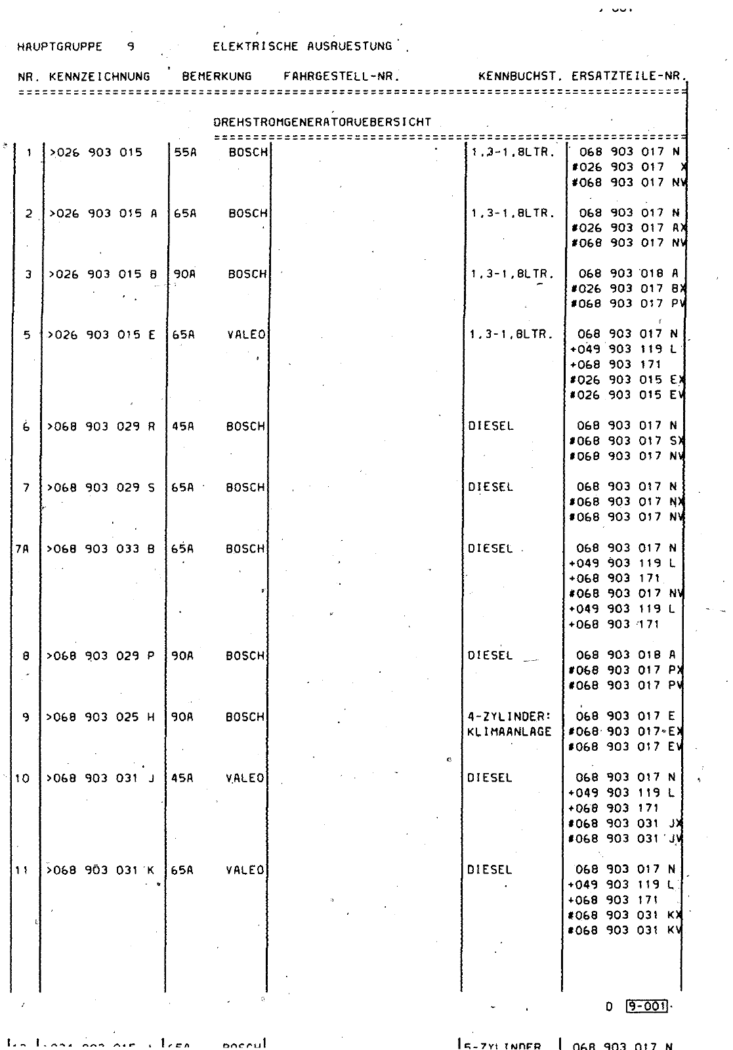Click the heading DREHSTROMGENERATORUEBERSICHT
point(322,122)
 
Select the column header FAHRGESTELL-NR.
point(342,76)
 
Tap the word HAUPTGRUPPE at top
point(60,47)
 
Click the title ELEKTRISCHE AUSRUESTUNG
point(303,47)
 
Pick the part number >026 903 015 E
point(101,335)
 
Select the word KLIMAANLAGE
point(510,732)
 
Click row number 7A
point(22,549)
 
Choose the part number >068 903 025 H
point(101,717)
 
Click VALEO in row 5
point(246,335)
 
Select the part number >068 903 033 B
point(101,549)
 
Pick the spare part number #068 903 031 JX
point(627,824)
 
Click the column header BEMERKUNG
point(217,76)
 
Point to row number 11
point(22,870)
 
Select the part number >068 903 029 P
point(101,656)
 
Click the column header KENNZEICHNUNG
point(99,76)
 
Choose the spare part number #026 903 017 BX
point(627,289)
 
